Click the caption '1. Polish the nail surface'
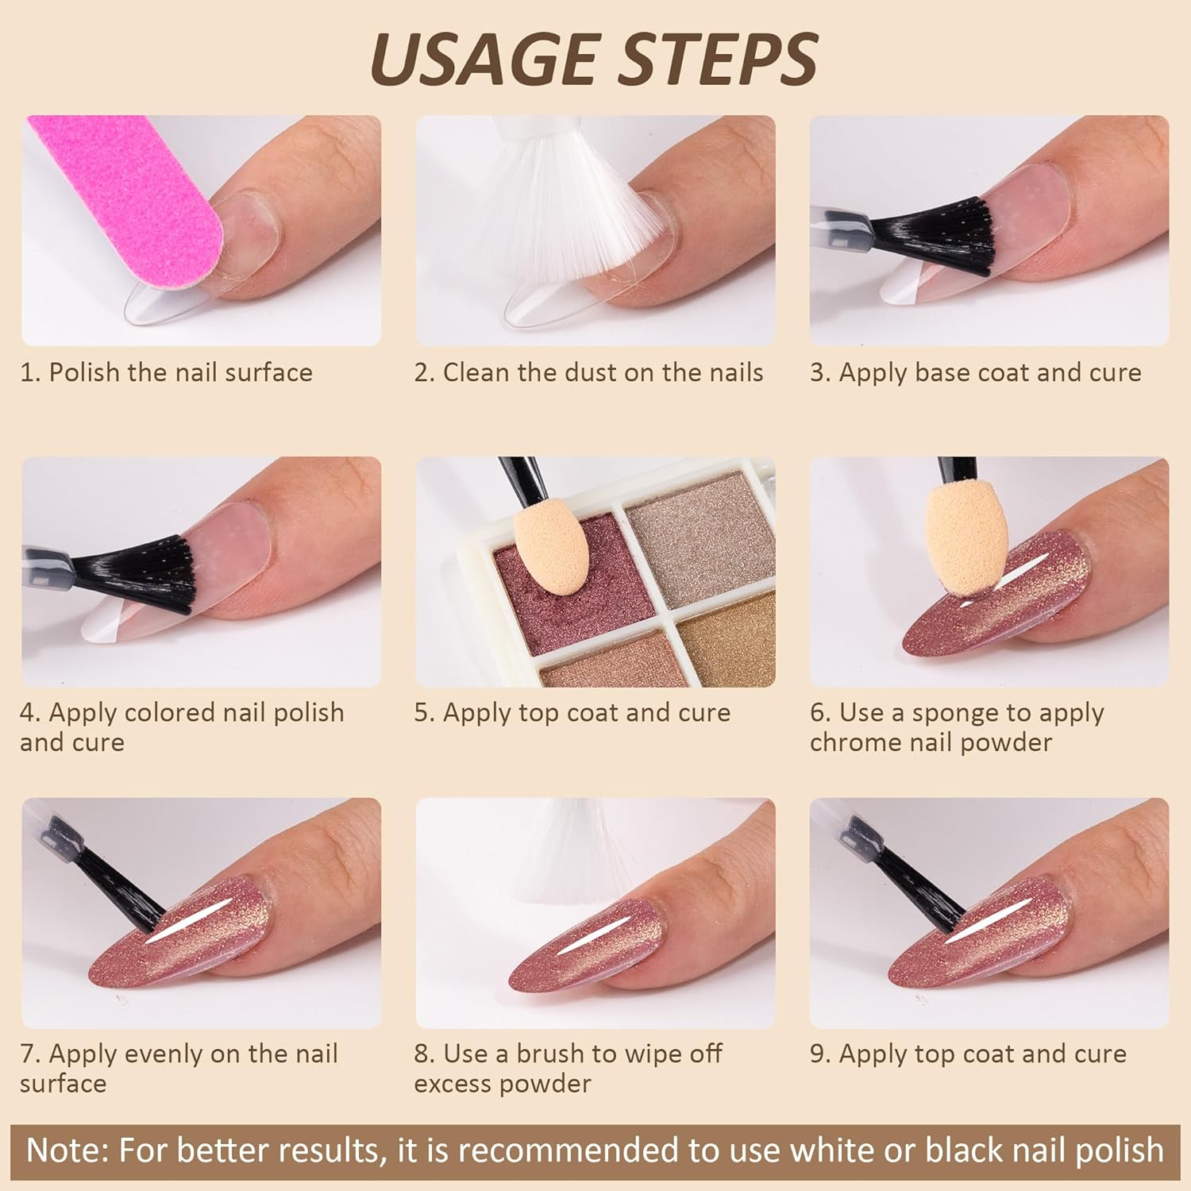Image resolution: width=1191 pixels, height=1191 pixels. (166, 372)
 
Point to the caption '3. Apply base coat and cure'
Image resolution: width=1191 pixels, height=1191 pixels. (976, 372)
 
